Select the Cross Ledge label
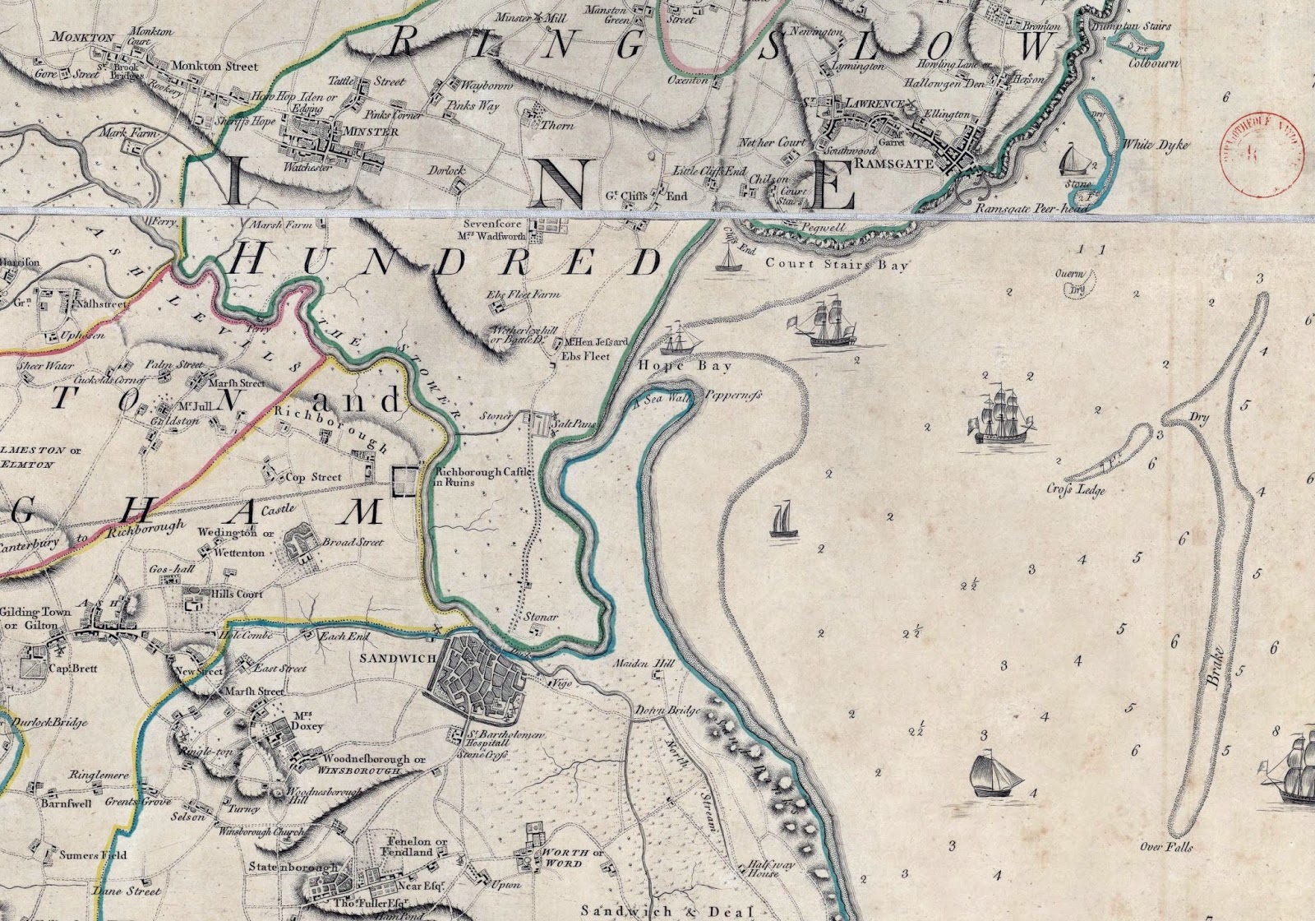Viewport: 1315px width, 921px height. pos(1076,491)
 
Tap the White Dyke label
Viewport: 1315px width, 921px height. pos(1156,145)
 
